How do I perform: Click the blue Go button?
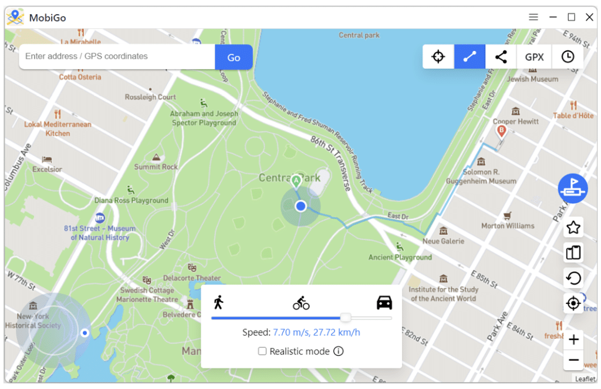click(x=234, y=57)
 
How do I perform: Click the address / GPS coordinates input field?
click(x=117, y=57)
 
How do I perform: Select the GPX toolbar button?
click(x=534, y=57)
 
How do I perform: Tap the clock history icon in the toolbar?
click(x=568, y=57)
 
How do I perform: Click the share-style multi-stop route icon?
click(x=501, y=57)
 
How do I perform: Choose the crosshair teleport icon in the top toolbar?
click(x=438, y=57)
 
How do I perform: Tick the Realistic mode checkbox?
click(x=263, y=351)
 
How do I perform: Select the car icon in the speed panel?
click(x=384, y=303)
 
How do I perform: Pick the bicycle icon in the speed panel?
click(x=301, y=303)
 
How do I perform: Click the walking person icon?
click(x=219, y=303)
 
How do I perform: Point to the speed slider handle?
click(x=346, y=317)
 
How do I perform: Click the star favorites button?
click(x=573, y=227)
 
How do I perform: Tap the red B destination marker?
click(x=501, y=131)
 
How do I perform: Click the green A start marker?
click(x=296, y=181)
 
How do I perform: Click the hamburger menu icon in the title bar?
click(x=534, y=18)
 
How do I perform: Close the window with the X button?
click(x=589, y=18)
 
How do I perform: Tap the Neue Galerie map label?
click(x=443, y=241)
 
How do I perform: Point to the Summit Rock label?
click(x=156, y=167)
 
